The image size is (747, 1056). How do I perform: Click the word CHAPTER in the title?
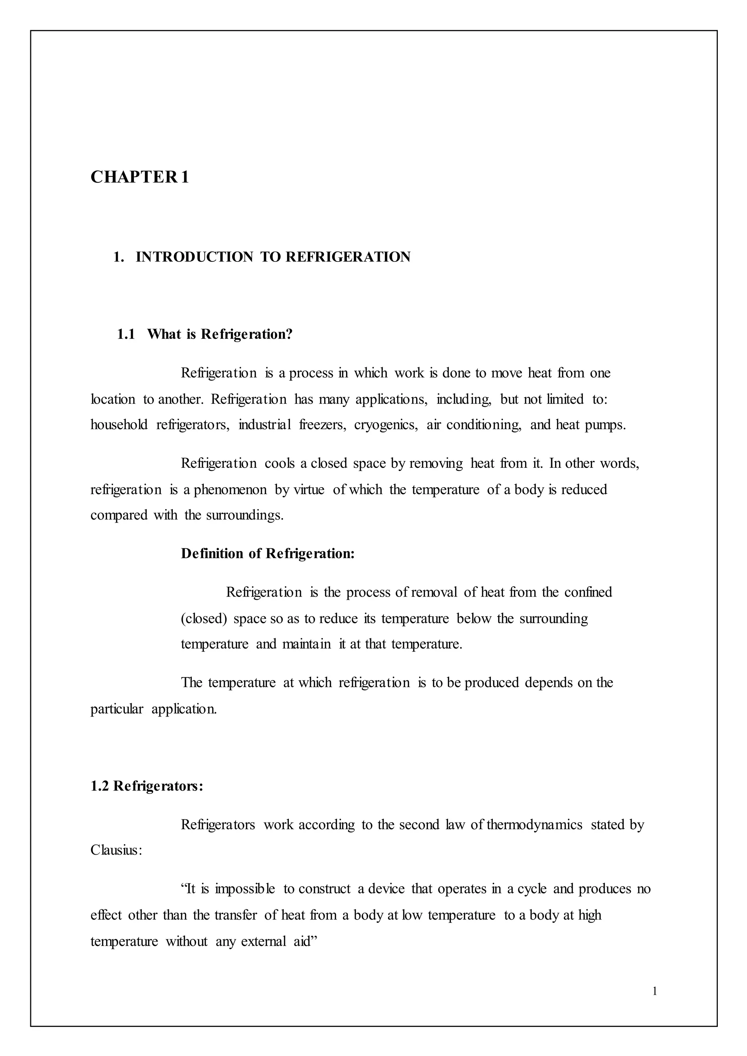point(133,177)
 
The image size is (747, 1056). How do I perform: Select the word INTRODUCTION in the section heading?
point(194,257)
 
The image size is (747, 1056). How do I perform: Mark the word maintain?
point(306,644)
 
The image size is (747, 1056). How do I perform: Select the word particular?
point(117,709)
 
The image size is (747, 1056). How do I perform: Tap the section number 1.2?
point(99,786)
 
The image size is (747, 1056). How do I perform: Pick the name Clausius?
point(116,850)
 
